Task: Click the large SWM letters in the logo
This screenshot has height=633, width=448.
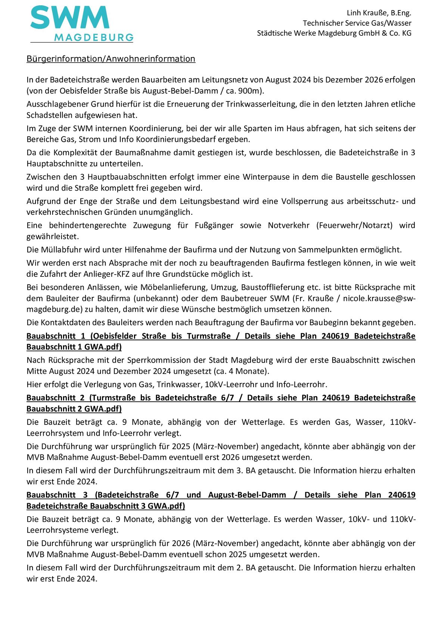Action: (x=70, y=18)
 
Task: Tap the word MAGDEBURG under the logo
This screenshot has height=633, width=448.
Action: (x=94, y=37)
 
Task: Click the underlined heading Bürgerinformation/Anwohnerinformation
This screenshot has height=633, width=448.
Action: (x=111, y=59)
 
